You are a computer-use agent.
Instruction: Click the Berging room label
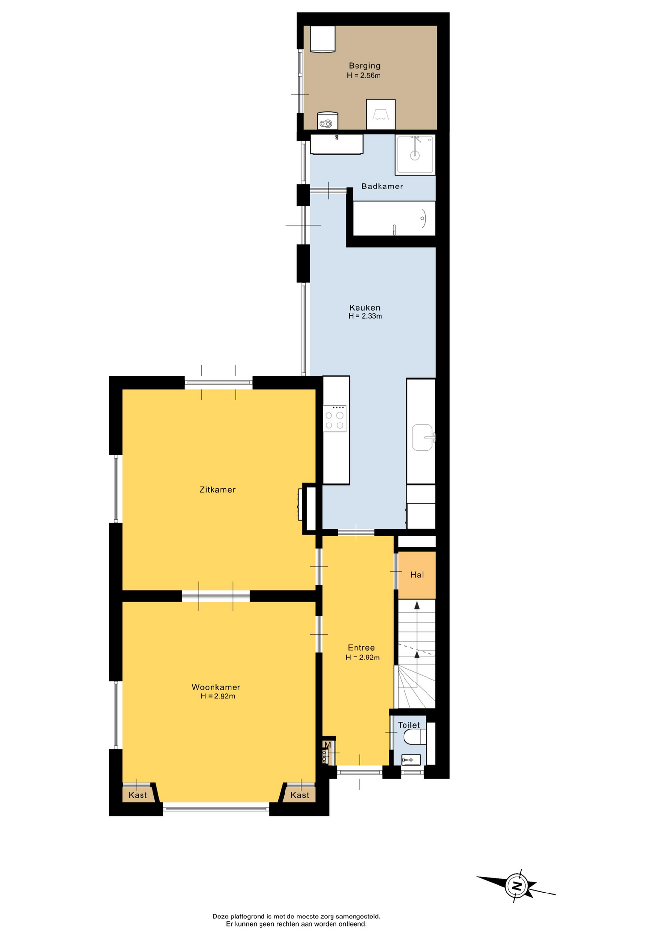[364, 66]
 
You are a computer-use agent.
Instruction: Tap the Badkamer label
[382, 186]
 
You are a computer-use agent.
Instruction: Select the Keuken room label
[365, 307]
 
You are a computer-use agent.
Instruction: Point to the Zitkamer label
[217, 489]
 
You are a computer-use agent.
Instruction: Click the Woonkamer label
[216, 687]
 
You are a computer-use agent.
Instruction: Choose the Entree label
[361, 647]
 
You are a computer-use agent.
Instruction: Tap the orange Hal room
[417, 575]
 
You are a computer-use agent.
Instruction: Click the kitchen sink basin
[423, 437]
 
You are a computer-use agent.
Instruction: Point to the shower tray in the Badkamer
[415, 154]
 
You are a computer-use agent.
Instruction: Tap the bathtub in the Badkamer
[394, 218]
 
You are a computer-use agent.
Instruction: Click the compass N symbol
[517, 885]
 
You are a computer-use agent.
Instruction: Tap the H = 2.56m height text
[363, 75]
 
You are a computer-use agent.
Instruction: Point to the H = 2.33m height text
[365, 316]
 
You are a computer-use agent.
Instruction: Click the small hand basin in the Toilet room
[411, 760]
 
